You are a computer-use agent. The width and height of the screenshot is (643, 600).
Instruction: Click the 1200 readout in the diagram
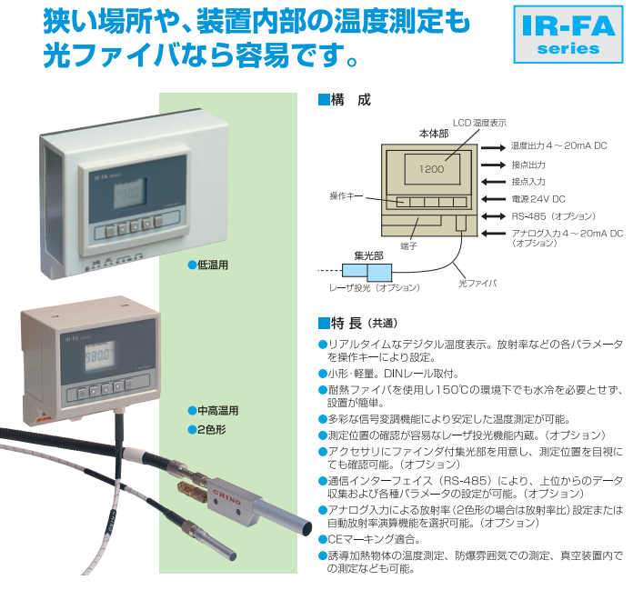click(432, 169)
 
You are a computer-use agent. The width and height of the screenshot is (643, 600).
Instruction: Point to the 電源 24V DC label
click(538, 198)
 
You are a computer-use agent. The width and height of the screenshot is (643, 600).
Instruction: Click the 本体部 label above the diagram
click(433, 133)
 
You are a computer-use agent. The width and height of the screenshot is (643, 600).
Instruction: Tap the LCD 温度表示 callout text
click(479, 122)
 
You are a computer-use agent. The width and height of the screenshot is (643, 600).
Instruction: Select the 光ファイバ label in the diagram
click(477, 284)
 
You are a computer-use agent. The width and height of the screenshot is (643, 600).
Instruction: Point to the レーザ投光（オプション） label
click(375, 287)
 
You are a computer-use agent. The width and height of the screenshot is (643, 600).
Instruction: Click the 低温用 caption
click(211, 265)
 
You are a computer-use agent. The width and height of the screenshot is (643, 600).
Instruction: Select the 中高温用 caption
click(216, 410)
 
